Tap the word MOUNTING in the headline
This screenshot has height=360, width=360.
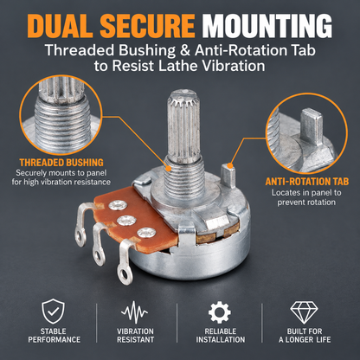coord(267,25)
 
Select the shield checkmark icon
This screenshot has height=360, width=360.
coord(53,312)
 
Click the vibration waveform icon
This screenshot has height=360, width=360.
coord(134,312)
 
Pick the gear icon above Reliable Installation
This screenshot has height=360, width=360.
coord(220,312)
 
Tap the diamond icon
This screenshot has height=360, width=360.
coord(304,312)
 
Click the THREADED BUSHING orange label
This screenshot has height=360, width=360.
coord(61,163)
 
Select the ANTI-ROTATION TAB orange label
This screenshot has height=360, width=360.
coord(307,182)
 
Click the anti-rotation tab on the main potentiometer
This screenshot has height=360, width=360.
coord(228,176)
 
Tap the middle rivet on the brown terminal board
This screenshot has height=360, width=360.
coord(126,221)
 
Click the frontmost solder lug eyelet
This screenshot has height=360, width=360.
coord(125,272)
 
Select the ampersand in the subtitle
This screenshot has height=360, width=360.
coord(183,50)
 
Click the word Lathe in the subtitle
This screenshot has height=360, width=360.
coord(177,66)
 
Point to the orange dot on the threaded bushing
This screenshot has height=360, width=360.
coord(168,167)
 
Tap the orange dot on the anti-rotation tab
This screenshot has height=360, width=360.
coord(229,166)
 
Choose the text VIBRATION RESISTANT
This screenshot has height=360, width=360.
coord(135,335)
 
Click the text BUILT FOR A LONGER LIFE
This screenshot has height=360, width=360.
coord(305,335)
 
